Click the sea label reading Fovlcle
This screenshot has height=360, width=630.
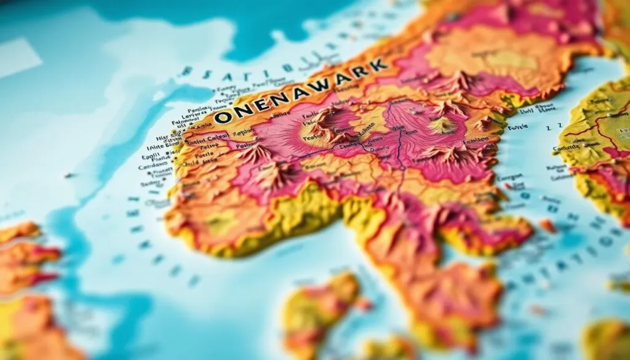(x=517, y=127)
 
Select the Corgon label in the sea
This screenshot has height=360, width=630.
(x=509, y=177)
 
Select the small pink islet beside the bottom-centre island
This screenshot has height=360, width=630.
(x=364, y=303)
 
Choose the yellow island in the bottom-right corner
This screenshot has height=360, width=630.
(x=606, y=338)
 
